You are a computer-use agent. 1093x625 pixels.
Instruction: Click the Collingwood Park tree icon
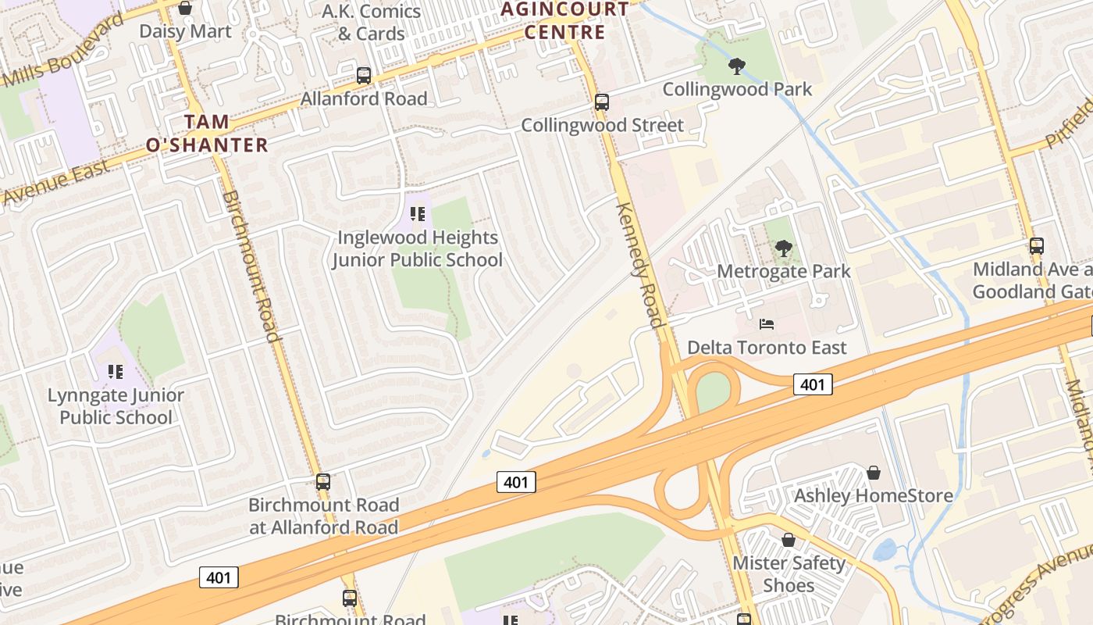[736, 66]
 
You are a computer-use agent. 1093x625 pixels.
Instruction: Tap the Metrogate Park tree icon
[783, 248]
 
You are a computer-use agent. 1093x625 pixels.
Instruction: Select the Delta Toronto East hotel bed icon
[767, 323]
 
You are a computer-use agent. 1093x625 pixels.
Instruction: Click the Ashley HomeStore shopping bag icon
[874, 473]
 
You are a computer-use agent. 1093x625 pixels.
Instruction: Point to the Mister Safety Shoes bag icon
[789, 540]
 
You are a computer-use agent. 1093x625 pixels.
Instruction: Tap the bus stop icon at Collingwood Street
[601, 102]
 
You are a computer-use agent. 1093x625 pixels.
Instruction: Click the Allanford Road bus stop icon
[364, 76]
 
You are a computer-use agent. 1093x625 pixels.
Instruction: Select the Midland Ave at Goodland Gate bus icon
[1036, 246]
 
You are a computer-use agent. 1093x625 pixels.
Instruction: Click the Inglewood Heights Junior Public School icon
[418, 213]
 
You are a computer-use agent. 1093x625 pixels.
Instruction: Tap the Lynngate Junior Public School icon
[116, 371]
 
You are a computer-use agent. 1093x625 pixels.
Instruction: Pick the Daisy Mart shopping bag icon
[185, 8]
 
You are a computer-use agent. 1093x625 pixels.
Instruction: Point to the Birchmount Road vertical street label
[251, 266]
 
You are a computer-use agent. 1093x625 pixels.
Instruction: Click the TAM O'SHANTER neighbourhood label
[207, 133]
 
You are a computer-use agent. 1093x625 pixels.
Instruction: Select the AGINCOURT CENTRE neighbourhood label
[564, 20]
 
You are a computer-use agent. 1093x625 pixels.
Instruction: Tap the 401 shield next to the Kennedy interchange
[813, 384]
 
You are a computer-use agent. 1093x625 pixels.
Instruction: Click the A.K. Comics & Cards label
[372, 22]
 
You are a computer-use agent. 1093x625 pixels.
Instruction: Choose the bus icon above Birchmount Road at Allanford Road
[323, 482]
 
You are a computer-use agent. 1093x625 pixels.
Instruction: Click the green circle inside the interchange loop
[712, 392]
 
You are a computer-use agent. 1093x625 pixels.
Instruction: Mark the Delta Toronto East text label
[767, 347]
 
